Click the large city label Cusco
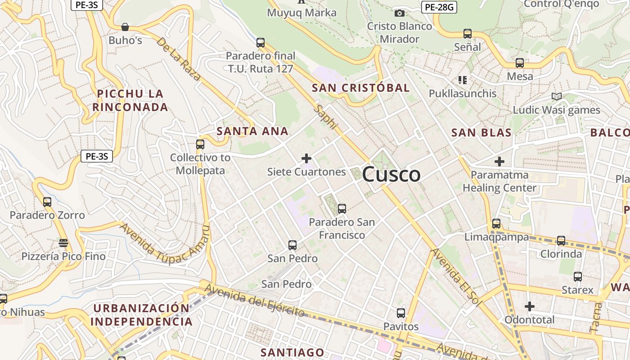click(391, 175)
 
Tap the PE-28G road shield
click(439, 7)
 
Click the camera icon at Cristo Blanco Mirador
click(399, 13)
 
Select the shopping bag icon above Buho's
click(125, 27)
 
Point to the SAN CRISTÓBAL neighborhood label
click(361, 88)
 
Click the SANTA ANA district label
click(252, 131)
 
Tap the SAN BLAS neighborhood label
click(481, 133)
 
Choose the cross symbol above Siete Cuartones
click(306, 158)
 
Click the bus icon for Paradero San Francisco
click(342, 209)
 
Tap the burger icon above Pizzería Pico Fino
click(63, 243)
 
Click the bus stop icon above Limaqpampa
click(496, 224)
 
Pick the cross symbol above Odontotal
click(530, 306)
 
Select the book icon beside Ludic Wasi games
click(557, 96)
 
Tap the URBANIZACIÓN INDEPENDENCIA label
click(142, 315)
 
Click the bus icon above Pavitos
click(401, 313)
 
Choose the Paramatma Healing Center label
click(499, 181)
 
